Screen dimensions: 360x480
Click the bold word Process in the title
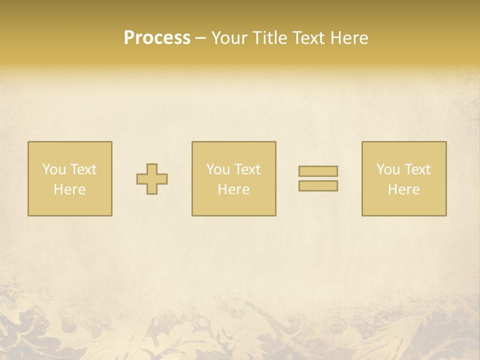157,38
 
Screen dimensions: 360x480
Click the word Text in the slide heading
308,38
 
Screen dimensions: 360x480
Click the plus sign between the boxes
152,179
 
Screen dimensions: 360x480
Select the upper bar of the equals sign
318,171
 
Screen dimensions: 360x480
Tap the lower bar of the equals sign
318,186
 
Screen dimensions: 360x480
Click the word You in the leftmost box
54,169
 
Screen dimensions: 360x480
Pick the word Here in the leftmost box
69,189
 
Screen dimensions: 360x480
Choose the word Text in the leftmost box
83,169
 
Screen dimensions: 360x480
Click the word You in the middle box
218,169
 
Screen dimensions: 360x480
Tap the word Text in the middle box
247,169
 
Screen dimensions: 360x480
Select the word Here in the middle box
233,189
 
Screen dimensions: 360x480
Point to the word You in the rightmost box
388,169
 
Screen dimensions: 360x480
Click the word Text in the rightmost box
417,169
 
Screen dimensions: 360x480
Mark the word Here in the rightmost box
403,189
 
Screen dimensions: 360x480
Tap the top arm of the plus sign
152,168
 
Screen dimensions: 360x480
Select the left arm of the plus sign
142,179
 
